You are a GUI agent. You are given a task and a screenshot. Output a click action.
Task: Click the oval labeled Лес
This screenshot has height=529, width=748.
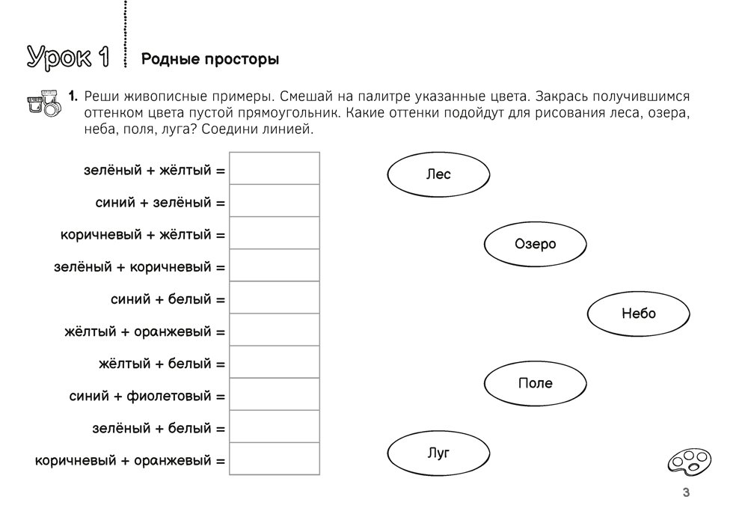pyautogui.click(x=438, y=174)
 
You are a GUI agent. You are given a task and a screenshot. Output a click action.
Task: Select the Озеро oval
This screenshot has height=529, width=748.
pyautogui.click(x=536, y=244)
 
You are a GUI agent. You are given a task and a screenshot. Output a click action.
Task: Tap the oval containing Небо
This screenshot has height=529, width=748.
pyautogui.click(x=638, y=314)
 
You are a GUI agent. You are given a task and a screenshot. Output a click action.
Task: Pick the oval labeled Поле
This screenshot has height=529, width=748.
pyautogui.click(x=536, y=383)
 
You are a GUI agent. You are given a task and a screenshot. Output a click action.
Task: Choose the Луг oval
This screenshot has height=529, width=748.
pyautogui.click(x=438, y=453)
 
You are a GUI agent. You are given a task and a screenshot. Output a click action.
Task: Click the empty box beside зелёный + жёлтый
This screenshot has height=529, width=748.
pyautogui.click(x=275, y=168)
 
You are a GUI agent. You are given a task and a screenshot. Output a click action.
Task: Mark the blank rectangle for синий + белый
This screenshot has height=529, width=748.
pyautogui.click(x=275, y=298)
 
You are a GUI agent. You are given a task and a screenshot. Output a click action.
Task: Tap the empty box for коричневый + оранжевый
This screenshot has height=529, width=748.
pyautogui.click(x=275, y=459)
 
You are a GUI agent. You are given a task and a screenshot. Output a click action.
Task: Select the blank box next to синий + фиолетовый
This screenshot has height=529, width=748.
pyautogui.click(x=275, y=394)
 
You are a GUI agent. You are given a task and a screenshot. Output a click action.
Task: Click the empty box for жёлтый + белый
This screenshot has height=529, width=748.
pyautogui.click(x=275, y=362)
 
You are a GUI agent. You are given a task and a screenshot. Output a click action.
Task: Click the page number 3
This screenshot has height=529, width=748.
pyautogui.click(x=686, y=492)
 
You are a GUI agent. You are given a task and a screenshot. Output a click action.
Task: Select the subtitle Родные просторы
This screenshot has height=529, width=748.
pyautogui.click(x=210, y=59)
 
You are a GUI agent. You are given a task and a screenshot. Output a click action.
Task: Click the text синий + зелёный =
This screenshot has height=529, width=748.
pyautogui.click(x=160, y=203)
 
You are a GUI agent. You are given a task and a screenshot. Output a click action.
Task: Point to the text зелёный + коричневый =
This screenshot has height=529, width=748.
pyautogui.click(x=140, y=267)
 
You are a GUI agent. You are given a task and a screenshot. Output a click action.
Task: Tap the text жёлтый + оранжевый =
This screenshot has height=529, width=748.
pyautogui.click(x=145, y=331)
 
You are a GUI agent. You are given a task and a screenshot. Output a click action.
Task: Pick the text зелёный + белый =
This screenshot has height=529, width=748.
pyautogui.click(x=159, y=429)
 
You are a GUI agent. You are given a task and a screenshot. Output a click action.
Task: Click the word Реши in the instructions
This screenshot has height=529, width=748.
pyautogui.click(x=100, y=97)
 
